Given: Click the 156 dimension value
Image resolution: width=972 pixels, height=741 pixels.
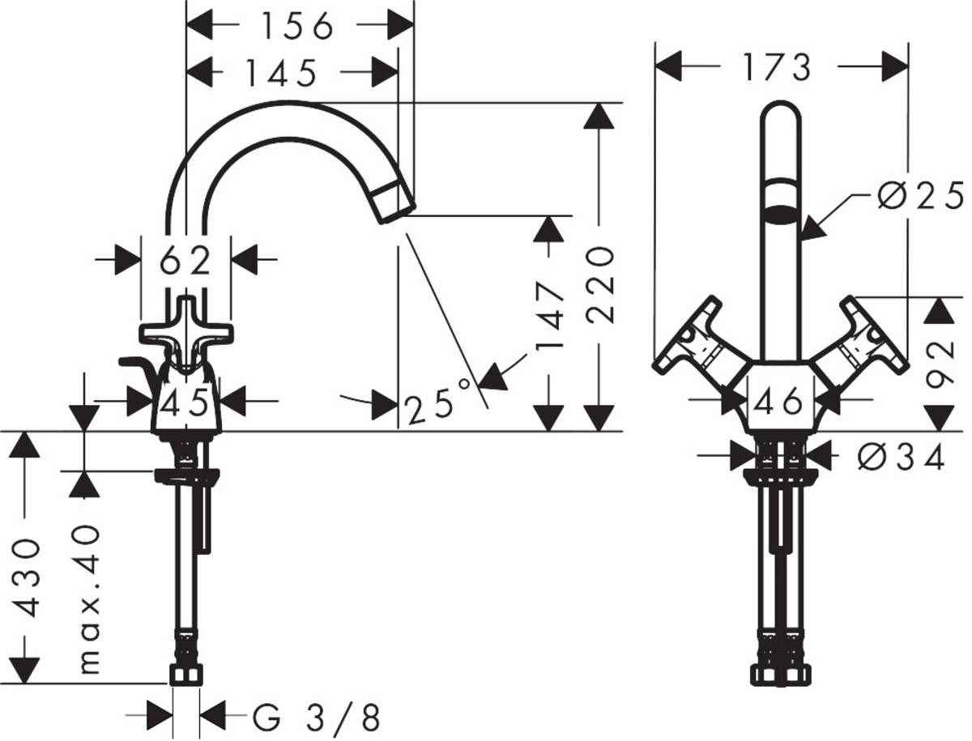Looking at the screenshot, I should pyautogui.click(x=296, y=27).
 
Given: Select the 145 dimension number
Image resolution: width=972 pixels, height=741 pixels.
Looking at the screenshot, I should pyautogui.click(x=280, y=74).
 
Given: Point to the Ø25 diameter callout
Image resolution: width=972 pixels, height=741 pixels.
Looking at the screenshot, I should pyautogui.click(x=920, y=196).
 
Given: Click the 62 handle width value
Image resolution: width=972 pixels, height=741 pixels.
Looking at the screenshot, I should pyautogui.click(x=185, y=261).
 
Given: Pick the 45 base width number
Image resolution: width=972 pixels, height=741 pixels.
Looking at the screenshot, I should pyautogui.click(x=185, y=401).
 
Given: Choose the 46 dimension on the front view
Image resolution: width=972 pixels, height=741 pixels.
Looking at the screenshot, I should pyautogui.click(x=779, y=400).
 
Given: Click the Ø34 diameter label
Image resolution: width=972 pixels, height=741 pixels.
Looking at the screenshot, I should pyautogui.click(x=901, y=458).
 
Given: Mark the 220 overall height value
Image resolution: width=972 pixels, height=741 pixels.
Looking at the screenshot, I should pyautogui.click(x=600, y=285).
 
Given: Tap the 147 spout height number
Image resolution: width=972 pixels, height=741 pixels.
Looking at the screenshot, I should pyautogui.click(x=549, y=317).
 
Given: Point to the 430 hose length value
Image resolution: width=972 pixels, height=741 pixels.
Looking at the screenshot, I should pyautogui.click(x=28, y=577).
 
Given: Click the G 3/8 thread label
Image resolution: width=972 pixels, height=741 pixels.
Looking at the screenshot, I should pyautogui.click(x=316, y=717).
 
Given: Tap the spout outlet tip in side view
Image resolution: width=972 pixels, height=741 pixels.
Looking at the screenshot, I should pyautogui.click(x=394, y=202).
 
